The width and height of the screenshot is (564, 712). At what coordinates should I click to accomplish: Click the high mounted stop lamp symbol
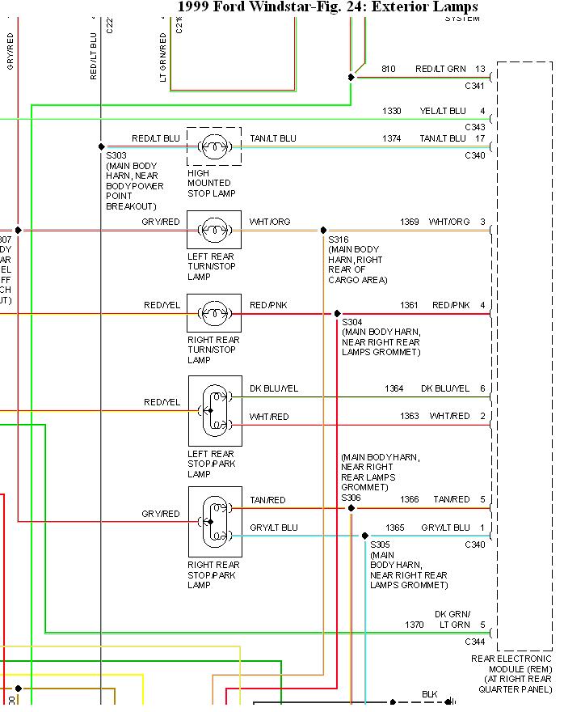pos(214,147)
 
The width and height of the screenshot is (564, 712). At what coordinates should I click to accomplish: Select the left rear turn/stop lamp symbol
pos(214,230)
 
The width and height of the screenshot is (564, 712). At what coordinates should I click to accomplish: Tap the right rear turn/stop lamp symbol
pos(214,313)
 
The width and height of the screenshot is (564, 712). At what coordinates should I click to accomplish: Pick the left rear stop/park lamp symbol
pos(215,410)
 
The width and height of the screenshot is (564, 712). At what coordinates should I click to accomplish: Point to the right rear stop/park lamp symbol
pos(215,522)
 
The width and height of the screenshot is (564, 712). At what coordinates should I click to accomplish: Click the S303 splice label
pos(116,155)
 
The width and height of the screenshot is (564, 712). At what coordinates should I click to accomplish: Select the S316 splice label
pos(339,239)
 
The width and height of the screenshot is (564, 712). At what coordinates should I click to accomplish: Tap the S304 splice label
pos(353,321)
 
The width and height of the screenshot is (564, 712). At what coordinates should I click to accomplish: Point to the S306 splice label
pos(351,498)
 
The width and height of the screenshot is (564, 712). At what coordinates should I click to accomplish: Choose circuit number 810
pos(388,70)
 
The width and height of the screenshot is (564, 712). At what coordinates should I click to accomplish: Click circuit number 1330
pos(391,111)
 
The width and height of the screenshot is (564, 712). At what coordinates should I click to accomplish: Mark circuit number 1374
pos(391,139)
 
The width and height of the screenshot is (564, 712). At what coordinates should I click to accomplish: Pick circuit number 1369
pos(410,222)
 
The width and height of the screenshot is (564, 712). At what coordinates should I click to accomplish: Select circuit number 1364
pos(394,389)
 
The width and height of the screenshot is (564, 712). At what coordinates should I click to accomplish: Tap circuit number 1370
pos(414,625)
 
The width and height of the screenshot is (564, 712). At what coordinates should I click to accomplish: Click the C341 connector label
pos(474,85)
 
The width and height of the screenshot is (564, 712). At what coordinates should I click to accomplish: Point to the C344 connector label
pos(474,641)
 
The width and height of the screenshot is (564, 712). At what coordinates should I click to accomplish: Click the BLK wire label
pos(430,694)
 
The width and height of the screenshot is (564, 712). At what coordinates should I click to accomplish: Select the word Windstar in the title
pos(275,7)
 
